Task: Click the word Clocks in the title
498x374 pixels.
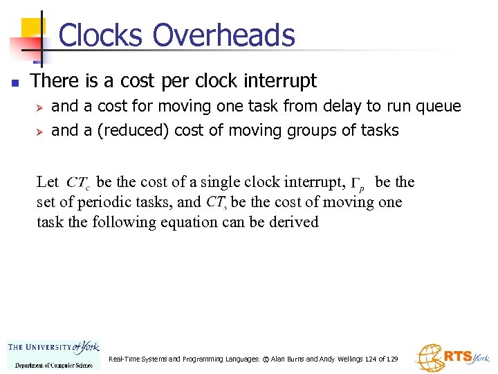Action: [x=102, y=35]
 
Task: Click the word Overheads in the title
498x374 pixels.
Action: [x=223, y=35]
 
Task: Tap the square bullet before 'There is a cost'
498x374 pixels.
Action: [x=15, y=82]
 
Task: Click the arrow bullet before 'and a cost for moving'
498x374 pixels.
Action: [x=39, y=107]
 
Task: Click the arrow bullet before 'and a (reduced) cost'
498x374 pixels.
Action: [x=39, y=130]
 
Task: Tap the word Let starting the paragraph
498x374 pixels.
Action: [x=47, y=182]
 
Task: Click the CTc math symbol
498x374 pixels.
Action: [x=78, y=184]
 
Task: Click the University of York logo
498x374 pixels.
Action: [x=53, y=353]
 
